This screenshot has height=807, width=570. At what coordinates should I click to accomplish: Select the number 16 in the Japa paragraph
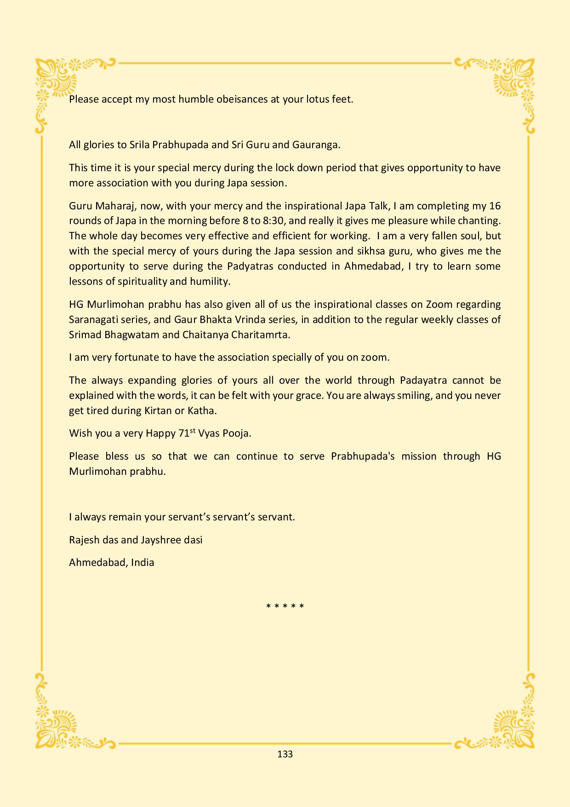point(495,206)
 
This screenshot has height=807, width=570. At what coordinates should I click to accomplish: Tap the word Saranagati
point(91,320)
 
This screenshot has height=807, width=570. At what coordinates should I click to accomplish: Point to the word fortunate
point(140,357)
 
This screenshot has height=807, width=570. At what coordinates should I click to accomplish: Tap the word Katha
point(202,411)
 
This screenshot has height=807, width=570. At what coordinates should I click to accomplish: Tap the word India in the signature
point(142,562)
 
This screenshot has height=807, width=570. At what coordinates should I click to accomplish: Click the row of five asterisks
point(285,606)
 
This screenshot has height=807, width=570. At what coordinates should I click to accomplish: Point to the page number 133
point(285,754)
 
